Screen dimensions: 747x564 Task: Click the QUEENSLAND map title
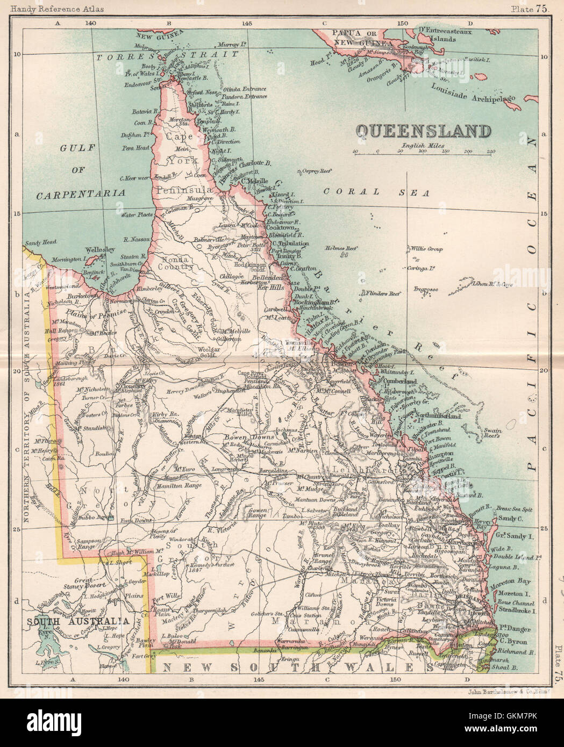(424, 131)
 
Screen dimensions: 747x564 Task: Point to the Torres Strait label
(167, 56)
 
